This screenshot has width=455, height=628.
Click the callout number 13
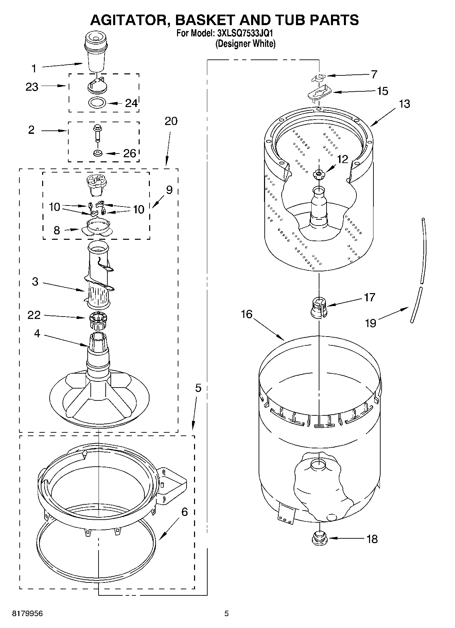coord(404,104)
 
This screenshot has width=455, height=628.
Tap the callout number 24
coord(131,103)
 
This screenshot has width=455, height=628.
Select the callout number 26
coord(129,154)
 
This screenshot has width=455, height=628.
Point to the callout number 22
coord(34,315)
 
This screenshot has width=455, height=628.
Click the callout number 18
coord(372,539)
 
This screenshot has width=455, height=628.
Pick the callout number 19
coord(370,323)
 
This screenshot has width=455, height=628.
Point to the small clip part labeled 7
coord(318,78)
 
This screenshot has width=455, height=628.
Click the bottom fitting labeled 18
coord(319,538)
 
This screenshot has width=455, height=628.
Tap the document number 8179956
coord(28,613)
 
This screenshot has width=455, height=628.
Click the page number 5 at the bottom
coord(227,613)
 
